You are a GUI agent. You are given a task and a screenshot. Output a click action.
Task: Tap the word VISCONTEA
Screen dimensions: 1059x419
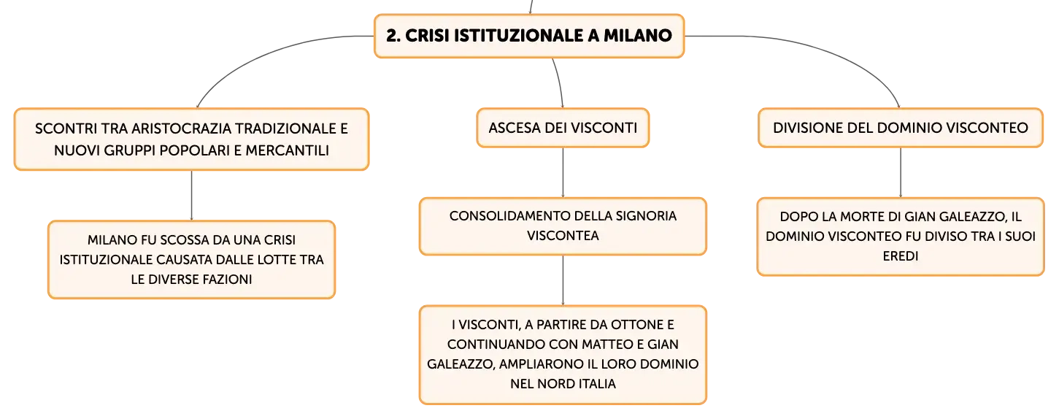pos(563,236)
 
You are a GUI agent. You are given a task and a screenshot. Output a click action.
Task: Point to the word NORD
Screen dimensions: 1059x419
pos(550,383)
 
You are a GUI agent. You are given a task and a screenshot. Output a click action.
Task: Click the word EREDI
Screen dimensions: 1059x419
pos(901,256)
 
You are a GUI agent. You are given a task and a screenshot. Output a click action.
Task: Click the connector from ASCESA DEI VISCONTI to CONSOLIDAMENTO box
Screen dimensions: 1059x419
pos(563,172)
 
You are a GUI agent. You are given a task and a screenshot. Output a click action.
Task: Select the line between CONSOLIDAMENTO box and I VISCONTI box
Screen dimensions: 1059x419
pos(563,280)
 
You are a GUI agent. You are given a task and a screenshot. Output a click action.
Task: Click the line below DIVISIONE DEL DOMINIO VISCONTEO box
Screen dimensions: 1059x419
pos(901,172)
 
